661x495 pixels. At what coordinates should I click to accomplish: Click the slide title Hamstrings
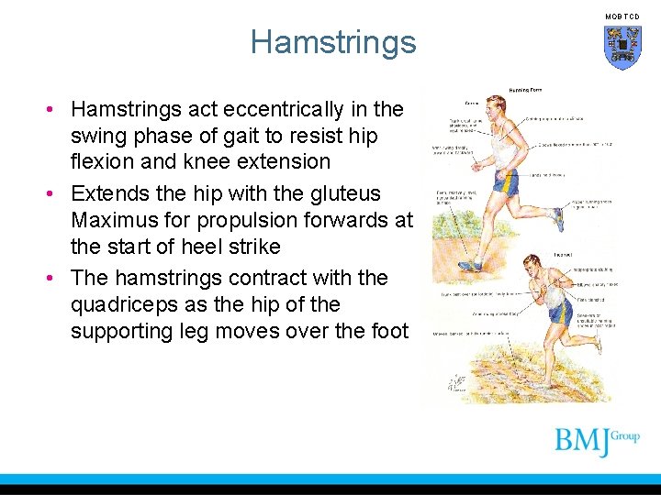pos(332,42)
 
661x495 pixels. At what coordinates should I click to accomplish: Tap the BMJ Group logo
pos(597,442)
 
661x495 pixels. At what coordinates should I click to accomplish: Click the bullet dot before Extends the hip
pos(55,194)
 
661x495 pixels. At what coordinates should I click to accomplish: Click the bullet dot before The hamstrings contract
pos(55,278)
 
